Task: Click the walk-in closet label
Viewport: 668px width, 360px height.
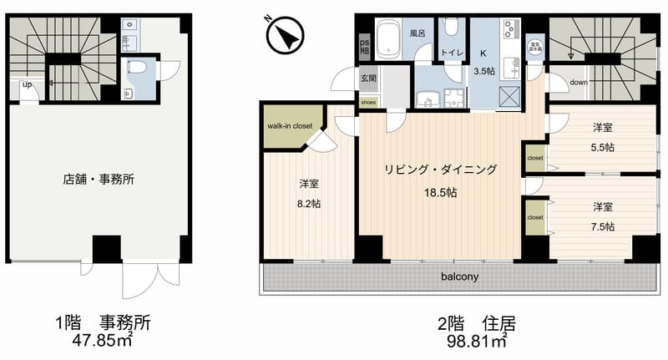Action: pyautogui.click(x=289, y=126)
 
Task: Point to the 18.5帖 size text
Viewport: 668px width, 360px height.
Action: pyautogui.click(x=440, y=192)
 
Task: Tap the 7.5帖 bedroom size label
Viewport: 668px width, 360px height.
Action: pyautogui.click(x=604, y=226)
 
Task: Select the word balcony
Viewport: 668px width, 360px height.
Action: pyautogui.click(x=459, y=277)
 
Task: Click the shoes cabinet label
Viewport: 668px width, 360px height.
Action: pyautogui.click(x=368, y=102)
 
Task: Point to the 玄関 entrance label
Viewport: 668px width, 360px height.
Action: pyautogui.click(x=368, y=78)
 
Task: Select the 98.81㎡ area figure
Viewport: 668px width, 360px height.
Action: pyautogui.click(x=473, y=340)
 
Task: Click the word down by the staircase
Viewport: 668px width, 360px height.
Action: pyautogui.click(x=580, y=83)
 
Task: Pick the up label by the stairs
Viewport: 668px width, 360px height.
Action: pyautogui.click(x=28, y=84)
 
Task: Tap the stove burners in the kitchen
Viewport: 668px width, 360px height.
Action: pyautogui.click(x=509, y=32)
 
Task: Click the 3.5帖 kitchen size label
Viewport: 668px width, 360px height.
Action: pyautogui.click(x=484, y=71)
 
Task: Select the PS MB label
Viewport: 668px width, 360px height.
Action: pyautogui.click(x=364, y=46)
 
